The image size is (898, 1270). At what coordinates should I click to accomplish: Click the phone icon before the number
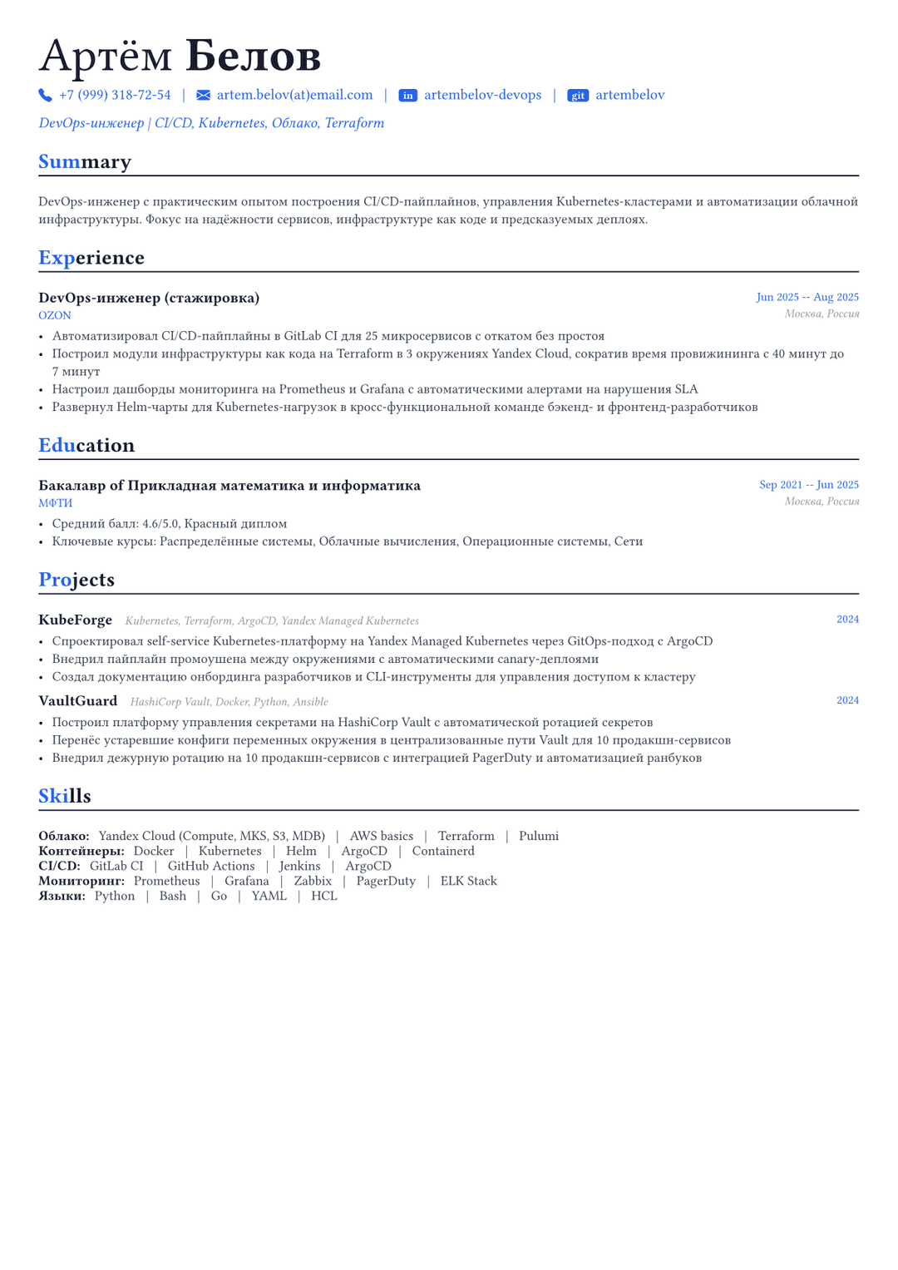[45, 96]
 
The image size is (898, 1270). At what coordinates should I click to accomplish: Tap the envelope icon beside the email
[203, 96]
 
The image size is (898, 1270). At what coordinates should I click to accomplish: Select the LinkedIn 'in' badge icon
[407, 96]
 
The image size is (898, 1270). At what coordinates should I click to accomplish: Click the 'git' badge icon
[578, 96]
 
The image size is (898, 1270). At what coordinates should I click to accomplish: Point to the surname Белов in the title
[254, 56]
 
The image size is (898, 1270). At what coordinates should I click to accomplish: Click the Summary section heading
[85, 161]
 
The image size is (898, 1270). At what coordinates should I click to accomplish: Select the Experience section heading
[91, 258]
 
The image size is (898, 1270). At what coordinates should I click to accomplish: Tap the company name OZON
[55, 315]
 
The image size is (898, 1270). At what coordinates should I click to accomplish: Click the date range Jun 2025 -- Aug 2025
[807, 297]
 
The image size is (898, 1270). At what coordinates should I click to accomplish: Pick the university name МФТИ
[56, 503]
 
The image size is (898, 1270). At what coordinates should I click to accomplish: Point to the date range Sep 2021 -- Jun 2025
[809, 485]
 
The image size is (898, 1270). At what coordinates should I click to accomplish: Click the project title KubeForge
[75, 620]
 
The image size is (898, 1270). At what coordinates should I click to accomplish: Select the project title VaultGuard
[78, 701]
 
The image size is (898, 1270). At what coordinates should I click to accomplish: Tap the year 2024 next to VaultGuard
[847, 700]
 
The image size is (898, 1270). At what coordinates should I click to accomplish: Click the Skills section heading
[65, 796]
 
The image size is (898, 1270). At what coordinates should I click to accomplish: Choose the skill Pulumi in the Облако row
[539, 836]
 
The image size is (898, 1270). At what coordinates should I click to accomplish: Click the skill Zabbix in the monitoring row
[313, 881]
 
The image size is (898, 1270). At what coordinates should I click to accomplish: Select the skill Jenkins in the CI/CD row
[299, 866]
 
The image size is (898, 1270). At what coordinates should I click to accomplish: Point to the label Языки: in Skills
[62, 896]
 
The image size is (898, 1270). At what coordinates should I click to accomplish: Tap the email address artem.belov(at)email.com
[294, 95]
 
